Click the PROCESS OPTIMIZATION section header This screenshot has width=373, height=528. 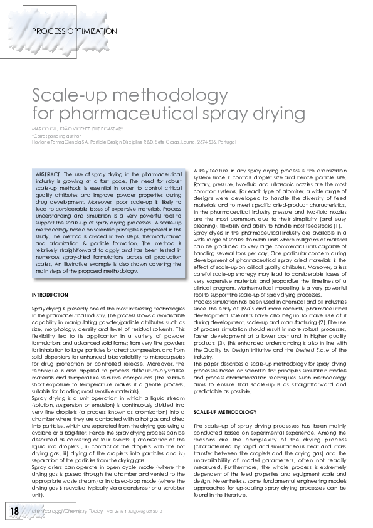pos(70,30)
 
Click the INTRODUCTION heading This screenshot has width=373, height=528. pos(50,294)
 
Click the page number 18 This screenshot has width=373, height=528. pos(14,510)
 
